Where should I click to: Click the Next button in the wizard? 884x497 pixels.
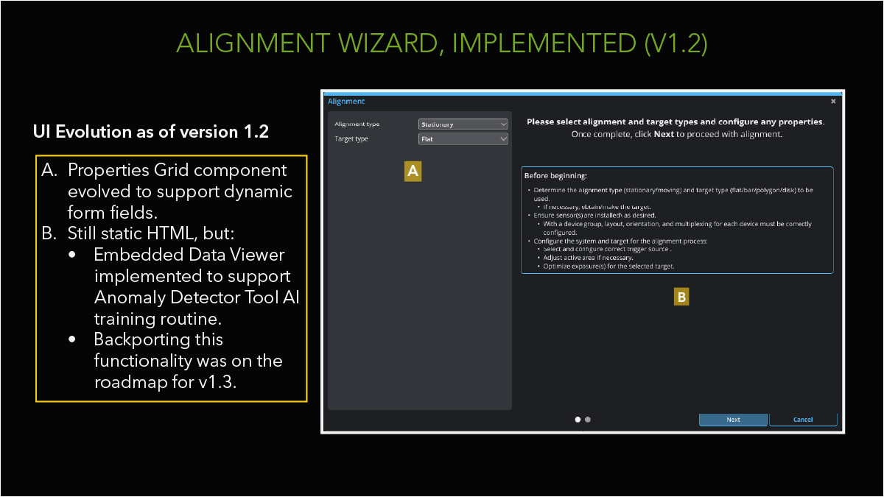733,420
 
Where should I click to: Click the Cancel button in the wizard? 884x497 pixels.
803,420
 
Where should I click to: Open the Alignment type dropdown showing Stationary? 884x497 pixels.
463,124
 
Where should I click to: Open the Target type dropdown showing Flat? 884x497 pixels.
463,138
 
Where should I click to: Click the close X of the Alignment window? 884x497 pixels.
833,101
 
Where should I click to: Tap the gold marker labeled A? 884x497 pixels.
413,171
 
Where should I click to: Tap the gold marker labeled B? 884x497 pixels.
682,297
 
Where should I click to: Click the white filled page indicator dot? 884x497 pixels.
578,420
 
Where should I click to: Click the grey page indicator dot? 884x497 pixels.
588,420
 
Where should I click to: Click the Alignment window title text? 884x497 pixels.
346,101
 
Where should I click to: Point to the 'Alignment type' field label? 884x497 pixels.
357,124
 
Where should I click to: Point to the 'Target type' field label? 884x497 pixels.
351,138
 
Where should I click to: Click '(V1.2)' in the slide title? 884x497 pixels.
676,43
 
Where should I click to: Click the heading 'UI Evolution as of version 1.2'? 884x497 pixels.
151,132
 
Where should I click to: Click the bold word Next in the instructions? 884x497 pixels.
664,135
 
